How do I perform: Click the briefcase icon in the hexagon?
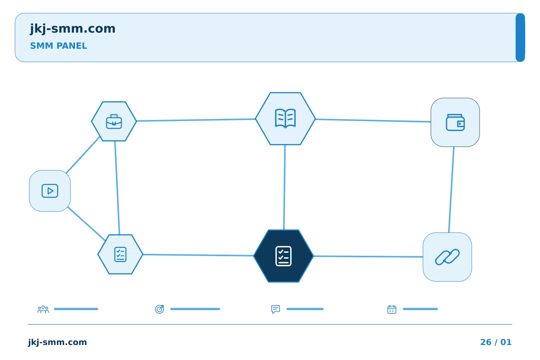click(114, 121)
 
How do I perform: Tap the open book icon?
click(285, 118)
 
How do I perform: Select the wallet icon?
click(455, 123)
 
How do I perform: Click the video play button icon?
click(50, 191)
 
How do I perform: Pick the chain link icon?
click(447, 257)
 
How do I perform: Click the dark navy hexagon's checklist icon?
click(283, 256)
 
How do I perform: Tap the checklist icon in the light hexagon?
click(120, 254)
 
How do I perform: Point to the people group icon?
click(43, 309)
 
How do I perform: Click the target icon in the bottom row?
click(159, 309)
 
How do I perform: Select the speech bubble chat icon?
click(276, 309)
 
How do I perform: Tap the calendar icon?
click(392, 309)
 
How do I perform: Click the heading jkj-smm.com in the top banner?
click(73, 29)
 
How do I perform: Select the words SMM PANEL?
click(58, 46)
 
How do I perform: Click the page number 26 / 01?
click(496, 342)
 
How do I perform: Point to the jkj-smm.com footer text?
click(57, 342)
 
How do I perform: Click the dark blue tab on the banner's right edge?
click(520, 37)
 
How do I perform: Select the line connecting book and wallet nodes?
click(373, 121)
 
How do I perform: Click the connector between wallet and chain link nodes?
click(451, 190)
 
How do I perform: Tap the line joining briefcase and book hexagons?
click(196, 120)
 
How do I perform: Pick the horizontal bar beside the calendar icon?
click(420, 309)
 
